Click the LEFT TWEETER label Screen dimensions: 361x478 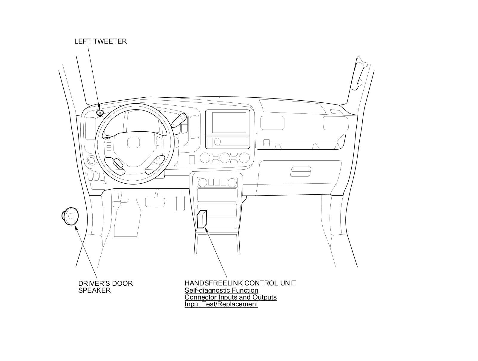pyautogui.click(x=100, y=41)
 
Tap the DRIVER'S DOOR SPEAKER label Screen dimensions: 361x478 pyautogui.click(x=105, y=287)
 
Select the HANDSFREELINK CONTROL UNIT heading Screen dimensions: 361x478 pyautogui.click(x=240, y=283)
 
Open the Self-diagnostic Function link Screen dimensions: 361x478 pyautogui.click(x=221, y=290)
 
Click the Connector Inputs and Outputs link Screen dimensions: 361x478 pyautogui.click(x=231, y=297)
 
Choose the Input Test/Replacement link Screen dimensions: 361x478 pyautogui.click(x=221, y=304)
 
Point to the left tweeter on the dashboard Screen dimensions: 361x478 pyautogui.click(x=100, y=113)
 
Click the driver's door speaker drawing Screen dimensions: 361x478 pyautogui.click(x=70, y=216)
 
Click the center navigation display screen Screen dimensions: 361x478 pyautogui.click(x=227, y=122)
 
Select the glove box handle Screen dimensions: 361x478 pyautogui.click(x=301, y=172)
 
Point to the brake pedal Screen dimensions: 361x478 pyautogui.click(x=155, y=202)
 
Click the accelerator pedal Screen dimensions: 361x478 pyautogui.click(x=180, y=203)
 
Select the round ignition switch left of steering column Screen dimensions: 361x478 pyautogui.click(x=92, y=160)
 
